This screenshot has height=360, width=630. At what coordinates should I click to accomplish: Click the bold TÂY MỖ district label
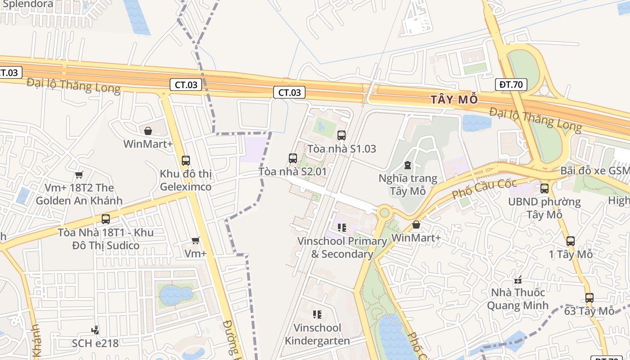454,99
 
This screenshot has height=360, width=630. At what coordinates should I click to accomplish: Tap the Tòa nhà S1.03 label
342,149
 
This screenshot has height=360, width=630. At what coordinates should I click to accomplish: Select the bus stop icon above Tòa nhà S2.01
293,158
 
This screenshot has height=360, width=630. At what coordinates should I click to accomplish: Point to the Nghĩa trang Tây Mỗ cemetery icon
408,166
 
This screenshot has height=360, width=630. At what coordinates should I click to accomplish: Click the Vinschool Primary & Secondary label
342,247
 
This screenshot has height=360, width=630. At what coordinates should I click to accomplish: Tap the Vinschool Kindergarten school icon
317,314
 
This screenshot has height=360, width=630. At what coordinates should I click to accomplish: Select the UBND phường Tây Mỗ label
544,208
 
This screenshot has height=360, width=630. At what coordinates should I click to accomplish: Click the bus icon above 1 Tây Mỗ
571,241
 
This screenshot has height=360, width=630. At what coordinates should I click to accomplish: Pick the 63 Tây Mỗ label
589,311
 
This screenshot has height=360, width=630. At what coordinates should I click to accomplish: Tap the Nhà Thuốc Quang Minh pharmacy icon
518,280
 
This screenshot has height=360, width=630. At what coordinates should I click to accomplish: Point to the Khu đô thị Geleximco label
185,180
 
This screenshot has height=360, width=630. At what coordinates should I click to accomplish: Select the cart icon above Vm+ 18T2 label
79,175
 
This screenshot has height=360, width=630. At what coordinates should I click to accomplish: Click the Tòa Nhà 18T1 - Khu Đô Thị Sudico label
106,239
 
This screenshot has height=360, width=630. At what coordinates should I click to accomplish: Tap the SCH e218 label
95,343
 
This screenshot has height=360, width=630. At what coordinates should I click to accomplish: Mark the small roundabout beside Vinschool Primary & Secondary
384,212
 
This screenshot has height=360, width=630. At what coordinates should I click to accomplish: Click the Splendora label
28,4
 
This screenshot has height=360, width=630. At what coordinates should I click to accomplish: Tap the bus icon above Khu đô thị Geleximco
185,160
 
